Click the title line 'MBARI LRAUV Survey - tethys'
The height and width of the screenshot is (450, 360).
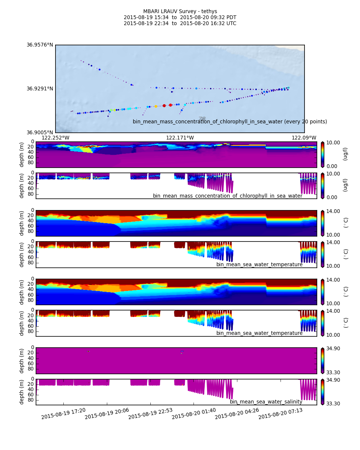point(180,11)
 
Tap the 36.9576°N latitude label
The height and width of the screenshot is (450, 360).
point(40,45)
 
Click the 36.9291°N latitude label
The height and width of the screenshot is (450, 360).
point(40,88)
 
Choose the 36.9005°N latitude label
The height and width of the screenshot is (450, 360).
point(40,132)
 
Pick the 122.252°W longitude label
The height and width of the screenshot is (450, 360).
point(55,138)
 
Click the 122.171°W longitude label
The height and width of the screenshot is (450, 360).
point(180,138)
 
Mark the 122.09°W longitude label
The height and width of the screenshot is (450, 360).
point(304,138)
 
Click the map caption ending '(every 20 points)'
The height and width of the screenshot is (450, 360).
point(229,121)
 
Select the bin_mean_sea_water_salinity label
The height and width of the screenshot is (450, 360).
point(266,402)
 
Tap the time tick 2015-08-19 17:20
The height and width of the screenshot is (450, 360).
point(64,414)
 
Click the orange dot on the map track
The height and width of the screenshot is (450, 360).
point(156,106)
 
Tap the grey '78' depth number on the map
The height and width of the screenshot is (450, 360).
point(202,118)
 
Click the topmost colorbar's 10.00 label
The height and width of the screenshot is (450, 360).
point(333,142)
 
